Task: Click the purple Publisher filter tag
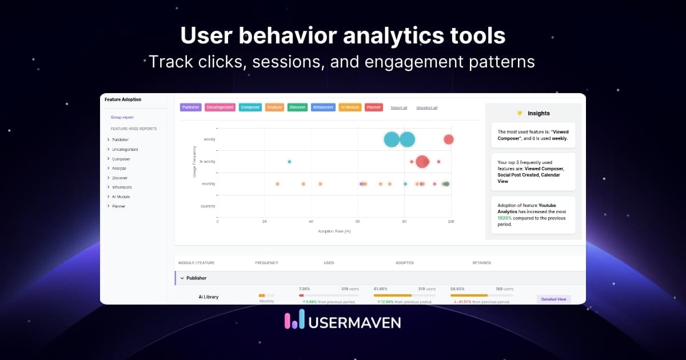coord(190,107)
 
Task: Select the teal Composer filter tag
coord(250,107)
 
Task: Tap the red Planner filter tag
coord(373,107)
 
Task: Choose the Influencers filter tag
coord(324,107)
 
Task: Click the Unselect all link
coord(426,107)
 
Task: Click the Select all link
coord(398,107)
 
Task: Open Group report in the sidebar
coord(122,117)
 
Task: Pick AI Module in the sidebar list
coord(121,197)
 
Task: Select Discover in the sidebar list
coord(119,178)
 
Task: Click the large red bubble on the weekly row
coord(449,139)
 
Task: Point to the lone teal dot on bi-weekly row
coord(289,162)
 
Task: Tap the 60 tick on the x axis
coord(357,221)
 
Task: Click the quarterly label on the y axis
coord(208,206)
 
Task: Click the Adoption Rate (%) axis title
coord(334,231)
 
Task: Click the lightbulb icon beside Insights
coord(520,113)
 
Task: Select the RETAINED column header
coord(481,263)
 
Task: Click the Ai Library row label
coord(208,297)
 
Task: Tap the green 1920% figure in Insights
coord(505,218)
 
